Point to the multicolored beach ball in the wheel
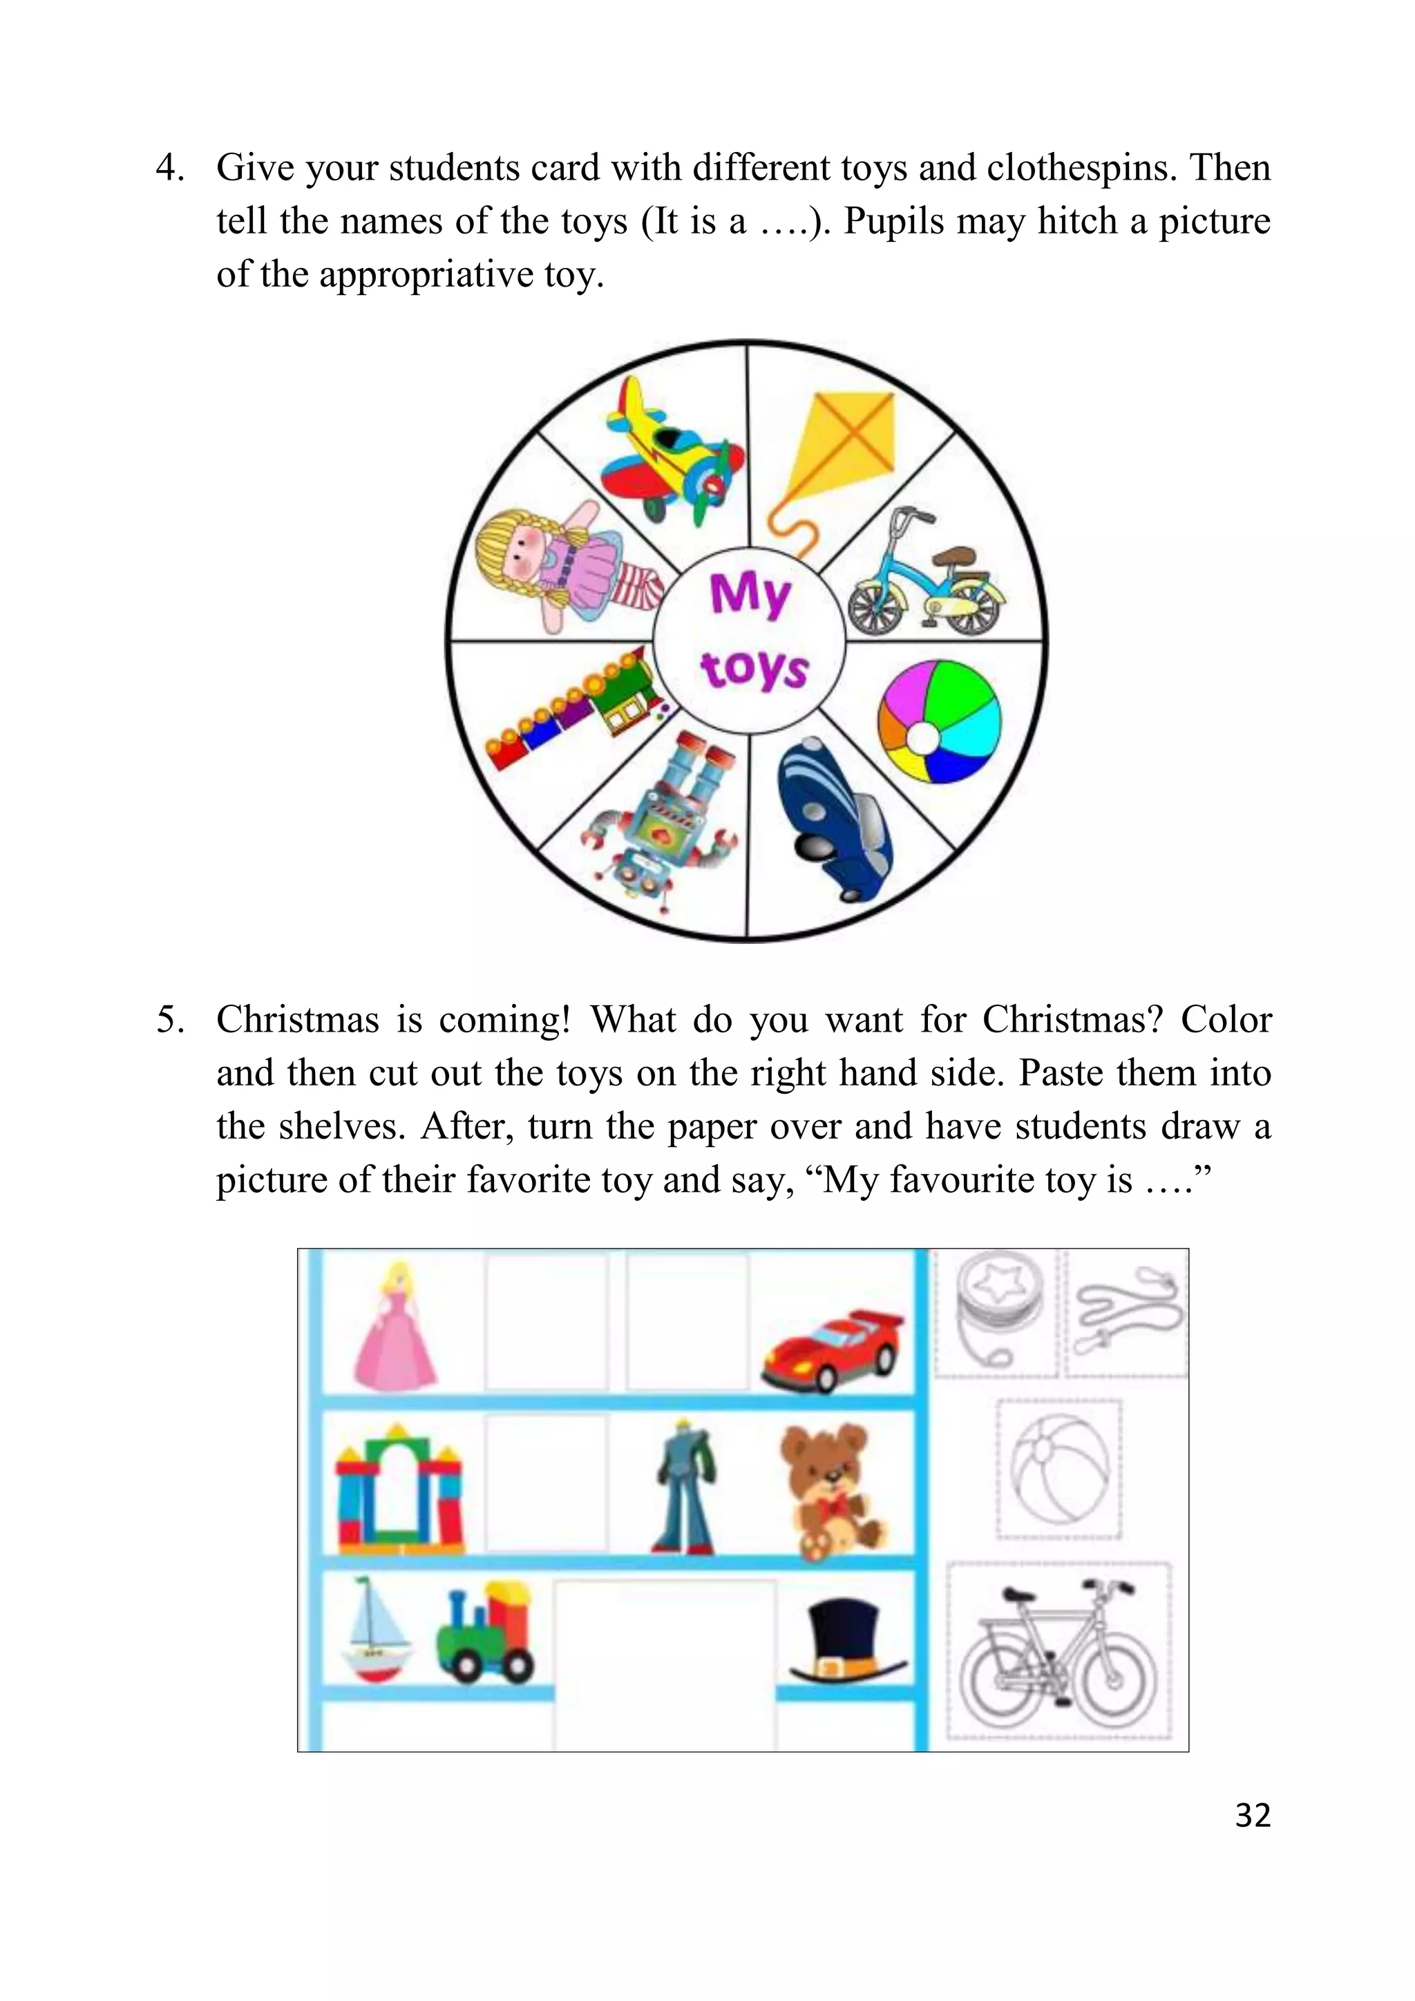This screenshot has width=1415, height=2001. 939,723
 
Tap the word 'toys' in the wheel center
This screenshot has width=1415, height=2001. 754,670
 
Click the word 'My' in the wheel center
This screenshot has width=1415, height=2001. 750,594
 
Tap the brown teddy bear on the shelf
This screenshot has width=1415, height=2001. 830,1490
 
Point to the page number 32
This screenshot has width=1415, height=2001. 1253,1815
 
